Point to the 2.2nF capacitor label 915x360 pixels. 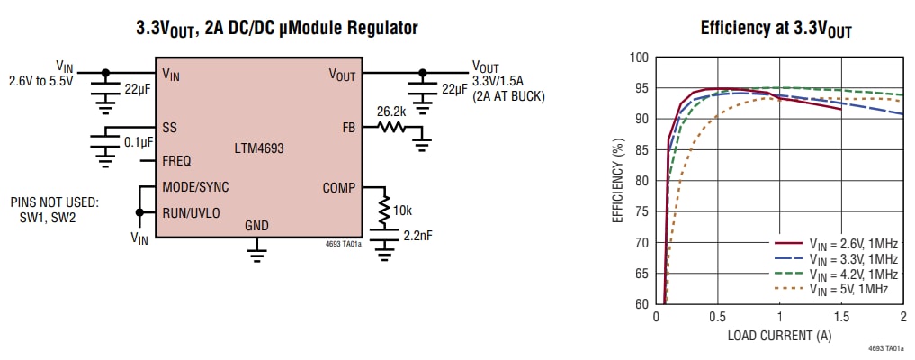pos(416,237)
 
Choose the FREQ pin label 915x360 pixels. pos(176,161)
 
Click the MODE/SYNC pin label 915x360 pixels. pos(195,188)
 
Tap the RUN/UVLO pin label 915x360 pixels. pos(191,213)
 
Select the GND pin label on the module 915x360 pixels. pos(256,226)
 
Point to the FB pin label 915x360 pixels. pos(349,127)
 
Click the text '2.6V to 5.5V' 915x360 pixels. pos(41,80)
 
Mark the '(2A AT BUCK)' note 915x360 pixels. pos(509,95)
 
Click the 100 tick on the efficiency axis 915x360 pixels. pos(638,58)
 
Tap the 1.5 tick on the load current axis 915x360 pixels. pos(841,318)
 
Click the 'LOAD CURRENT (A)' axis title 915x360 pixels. pos(779,336)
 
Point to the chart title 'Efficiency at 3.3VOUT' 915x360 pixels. pos(776,29)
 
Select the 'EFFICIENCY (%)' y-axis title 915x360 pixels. pos(618,181)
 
